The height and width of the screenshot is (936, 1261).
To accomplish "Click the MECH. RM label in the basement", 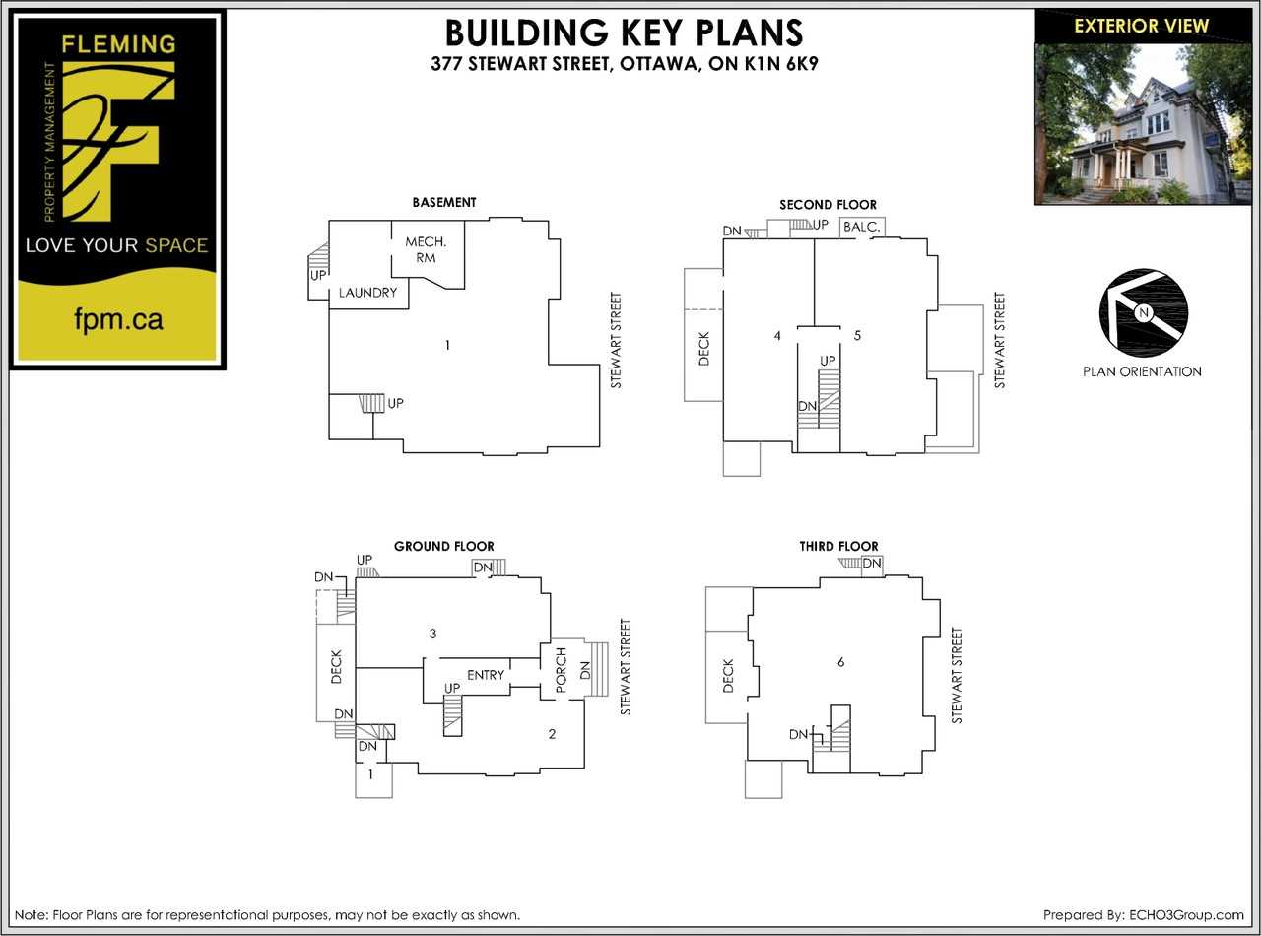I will click(426, 249).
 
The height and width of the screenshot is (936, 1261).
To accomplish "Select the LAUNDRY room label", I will click(367, 293).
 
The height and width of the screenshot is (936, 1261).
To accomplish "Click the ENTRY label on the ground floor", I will click(486, 675).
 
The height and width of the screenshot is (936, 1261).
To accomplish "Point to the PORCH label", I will click(561, 670).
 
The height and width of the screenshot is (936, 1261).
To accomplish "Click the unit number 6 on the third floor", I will click(840, 662).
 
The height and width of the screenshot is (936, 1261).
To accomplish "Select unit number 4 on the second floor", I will click(777, 336).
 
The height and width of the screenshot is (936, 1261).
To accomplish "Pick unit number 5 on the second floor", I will click(857, 335).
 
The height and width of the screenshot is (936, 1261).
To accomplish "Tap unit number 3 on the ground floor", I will click(432, 633).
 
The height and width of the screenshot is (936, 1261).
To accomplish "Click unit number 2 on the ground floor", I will click(552, 733).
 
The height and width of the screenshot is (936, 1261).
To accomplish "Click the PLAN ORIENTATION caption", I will click(1141, 371).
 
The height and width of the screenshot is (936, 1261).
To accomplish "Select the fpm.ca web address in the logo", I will click(118, 319).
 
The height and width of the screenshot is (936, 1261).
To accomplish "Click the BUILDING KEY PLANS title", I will click(624, 33).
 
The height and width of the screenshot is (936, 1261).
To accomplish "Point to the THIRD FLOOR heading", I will click(838, 546).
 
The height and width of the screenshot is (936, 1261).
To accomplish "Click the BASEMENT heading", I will click(443, 202).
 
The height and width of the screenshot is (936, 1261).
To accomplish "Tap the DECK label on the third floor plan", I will click(728, 676).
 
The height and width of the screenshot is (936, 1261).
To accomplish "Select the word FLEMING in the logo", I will click(117, 44).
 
